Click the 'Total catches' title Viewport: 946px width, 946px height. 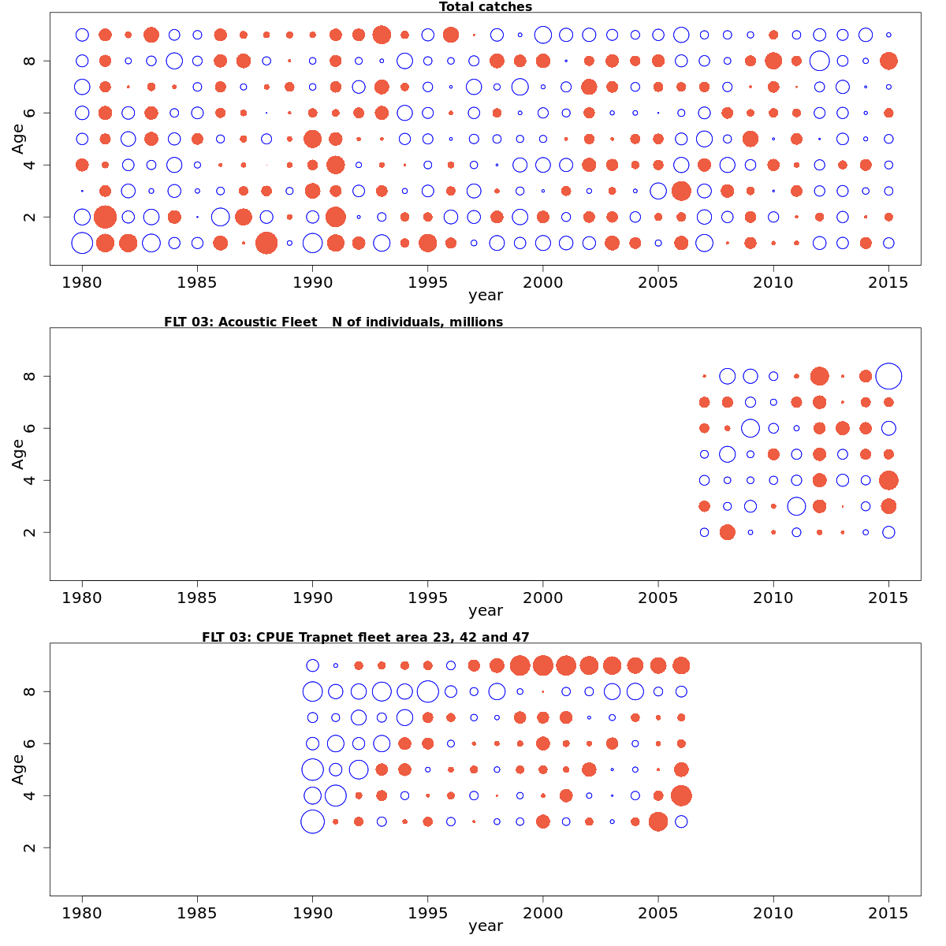[x=485, y=7]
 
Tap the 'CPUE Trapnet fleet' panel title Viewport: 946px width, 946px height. [x=365, y=637]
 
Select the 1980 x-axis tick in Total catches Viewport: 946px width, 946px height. [x=82, y=281]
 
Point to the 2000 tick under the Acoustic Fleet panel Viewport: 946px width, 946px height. [x=542, y=597]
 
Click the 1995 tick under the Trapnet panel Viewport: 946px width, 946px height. [x=427, y=912]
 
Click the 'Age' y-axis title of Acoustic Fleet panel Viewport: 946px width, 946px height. [x=18, y=453]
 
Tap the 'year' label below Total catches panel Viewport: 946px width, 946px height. [x=485, y=296]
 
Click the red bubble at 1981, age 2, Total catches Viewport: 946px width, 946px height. [x=105, y=217]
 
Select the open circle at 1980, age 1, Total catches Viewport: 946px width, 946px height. [x=82, y=243]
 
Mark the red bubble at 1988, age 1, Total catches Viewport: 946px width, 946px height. [x=266, y=243]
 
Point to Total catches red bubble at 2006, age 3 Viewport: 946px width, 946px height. [x=681, y=191]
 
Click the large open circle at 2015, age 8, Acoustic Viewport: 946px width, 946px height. [x=888, y=376]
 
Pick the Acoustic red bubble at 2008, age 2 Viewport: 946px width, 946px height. [x=727, y=532]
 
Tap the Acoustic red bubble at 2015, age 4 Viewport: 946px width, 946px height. [x=888, y=480]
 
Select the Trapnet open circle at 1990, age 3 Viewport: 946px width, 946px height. [x=312, y=821]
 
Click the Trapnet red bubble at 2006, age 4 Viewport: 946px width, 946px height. [x=681, y=795]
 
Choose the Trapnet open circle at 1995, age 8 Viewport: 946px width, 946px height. [x=427, y=691]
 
